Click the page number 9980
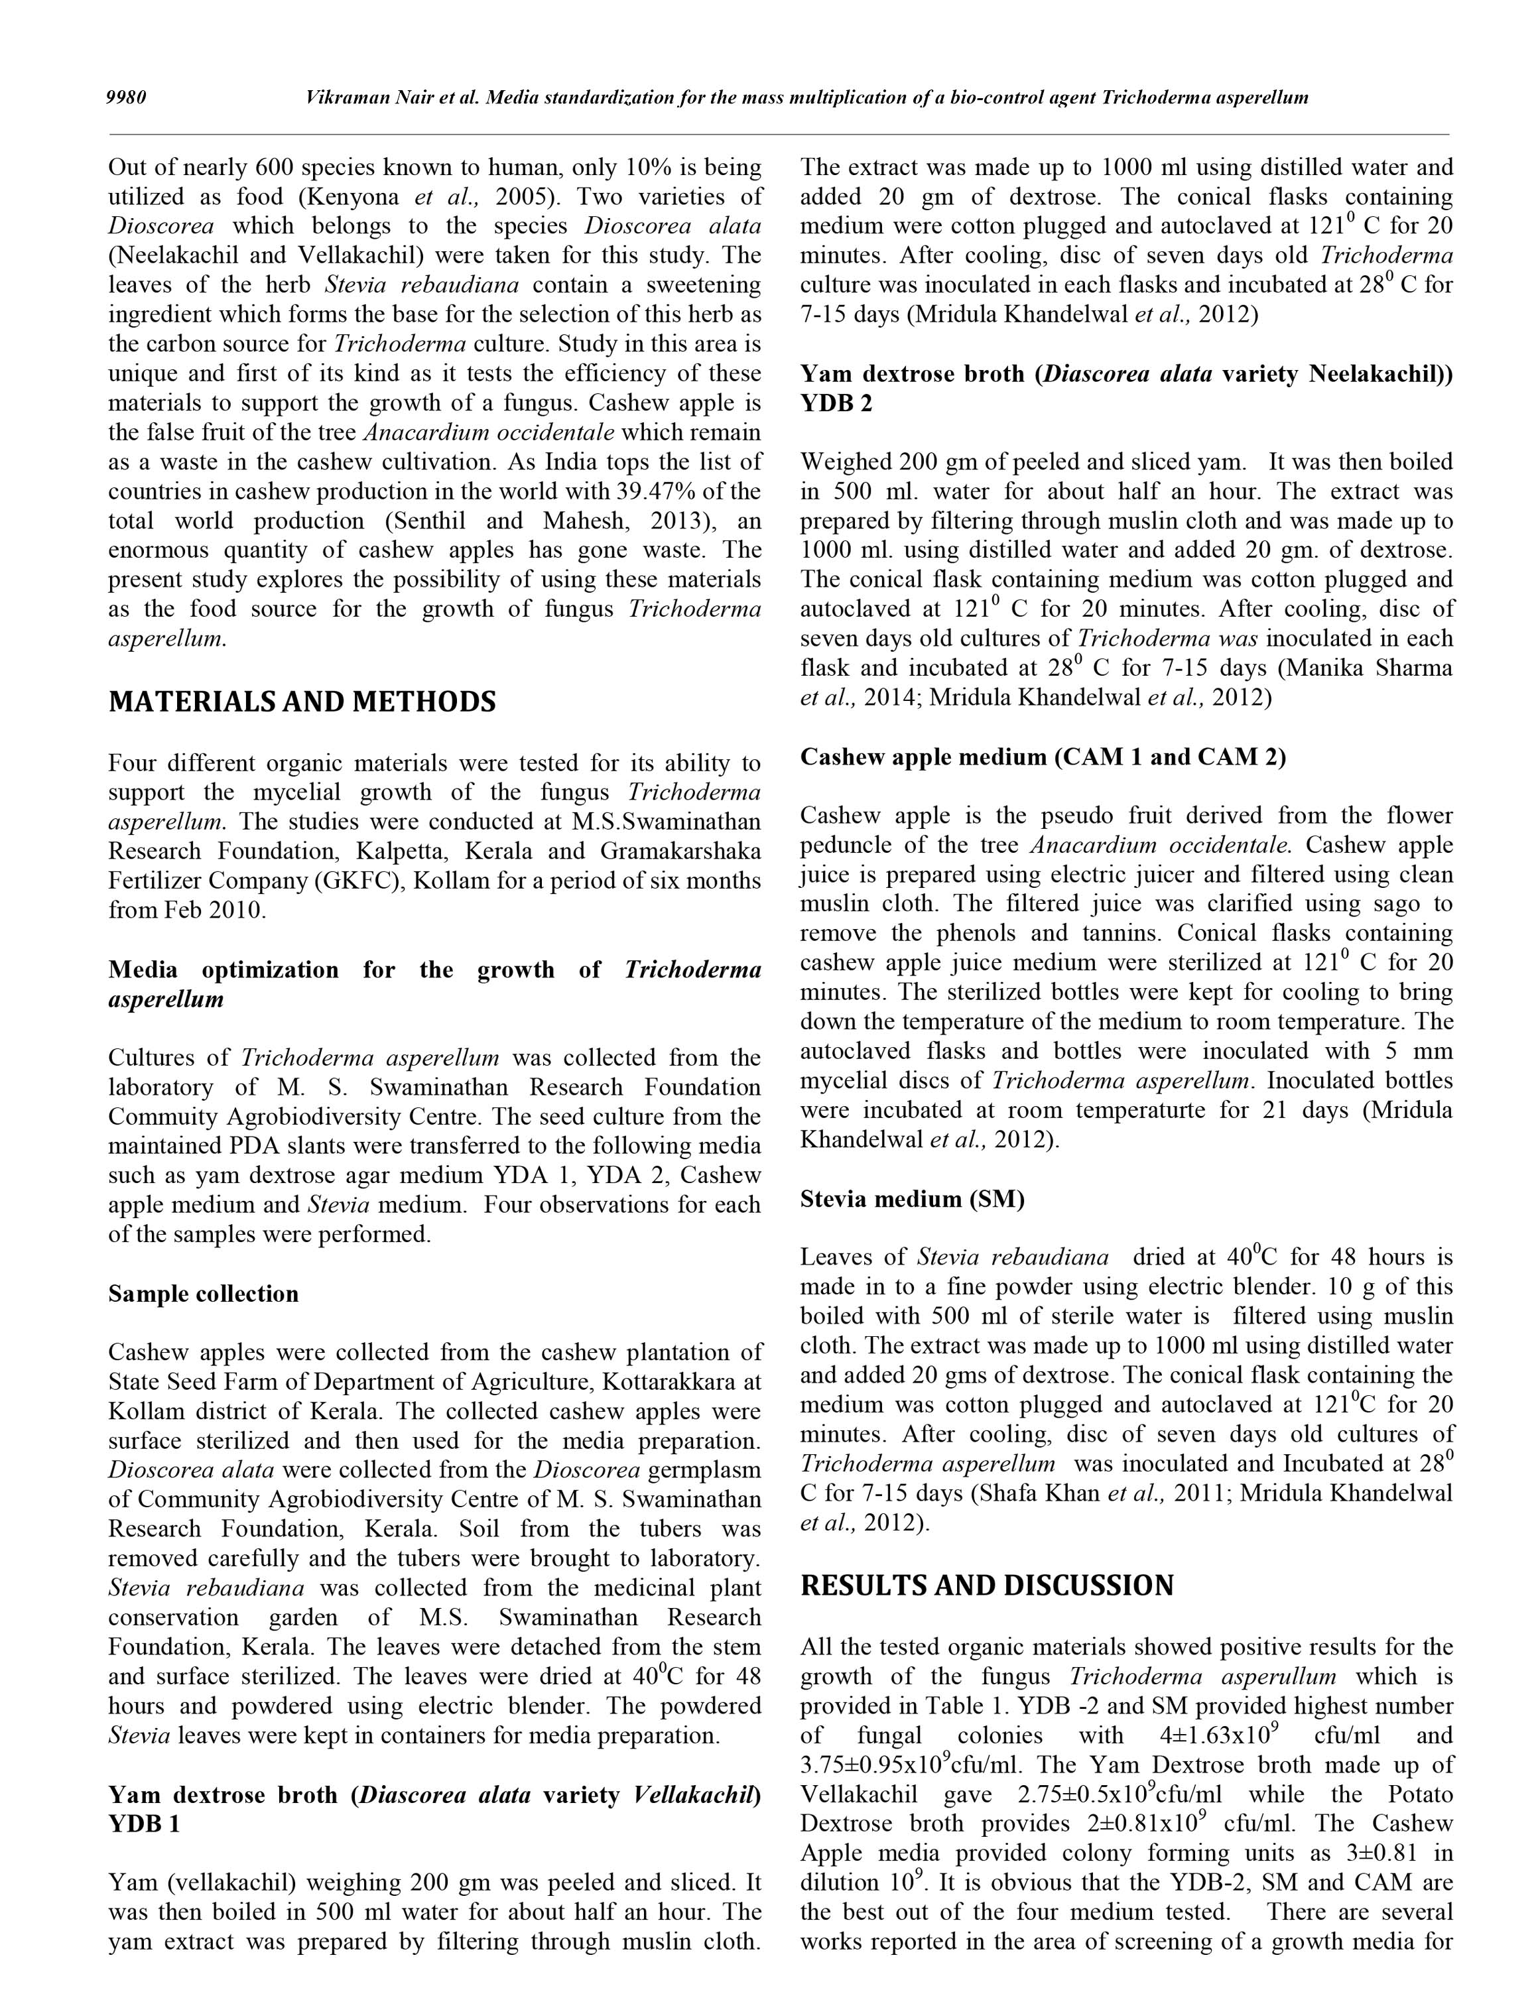point(127,97)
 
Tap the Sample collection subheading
point(203,1294)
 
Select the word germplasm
point(703,1471)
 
